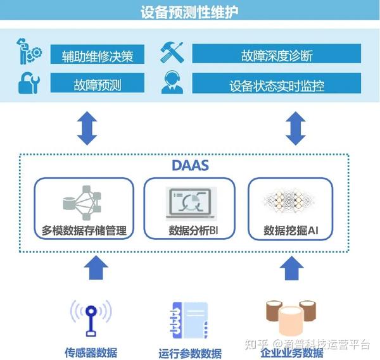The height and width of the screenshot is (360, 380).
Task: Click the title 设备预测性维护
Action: pos(190,12)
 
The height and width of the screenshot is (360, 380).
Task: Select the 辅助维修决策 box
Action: pos(96,55)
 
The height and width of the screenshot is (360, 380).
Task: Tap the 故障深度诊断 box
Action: pos(277,55)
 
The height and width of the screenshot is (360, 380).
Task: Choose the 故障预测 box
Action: pos(96,84)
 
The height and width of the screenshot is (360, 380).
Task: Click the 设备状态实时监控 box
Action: pos(277,84)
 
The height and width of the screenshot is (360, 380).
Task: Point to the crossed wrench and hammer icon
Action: pos(172,53)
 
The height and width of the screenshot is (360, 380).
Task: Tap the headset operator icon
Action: pos(172,83)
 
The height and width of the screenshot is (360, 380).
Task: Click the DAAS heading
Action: pos(190,165)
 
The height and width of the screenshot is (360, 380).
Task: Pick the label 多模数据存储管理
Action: pos(84,231)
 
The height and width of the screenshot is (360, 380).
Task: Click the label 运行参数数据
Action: pos(190,353)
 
